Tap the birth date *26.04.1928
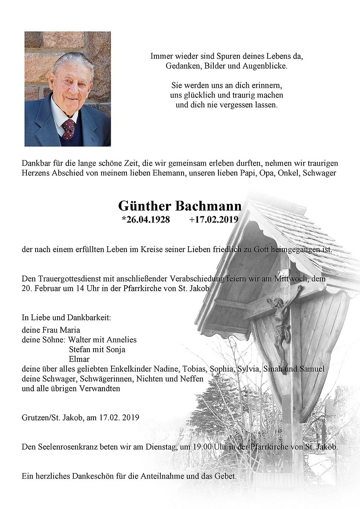tap(146, 220)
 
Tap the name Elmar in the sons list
tap(79, 359)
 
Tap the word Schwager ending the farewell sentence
tap(320, 173)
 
